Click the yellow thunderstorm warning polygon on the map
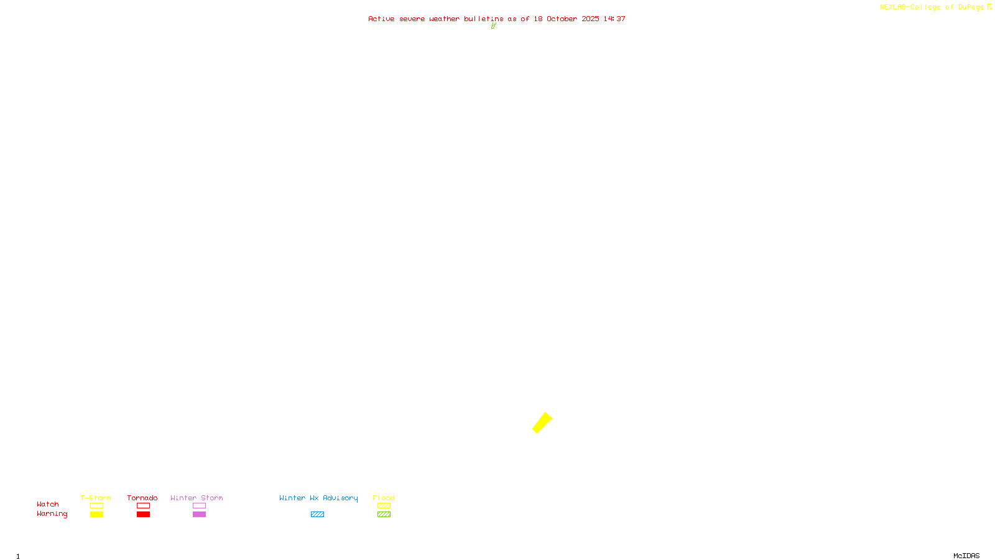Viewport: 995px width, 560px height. pos(542,422)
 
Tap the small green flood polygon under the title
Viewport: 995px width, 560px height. pos(493,26)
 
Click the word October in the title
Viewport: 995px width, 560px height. pos(562,19)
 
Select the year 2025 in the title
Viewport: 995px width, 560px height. pos(590,19)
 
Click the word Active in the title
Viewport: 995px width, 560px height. pos(381,19)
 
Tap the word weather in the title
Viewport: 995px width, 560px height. pos(444,19)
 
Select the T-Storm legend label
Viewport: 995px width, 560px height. pos(96,498)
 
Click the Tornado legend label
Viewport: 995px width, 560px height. pos(142,498)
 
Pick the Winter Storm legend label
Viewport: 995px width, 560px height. pos(197,498)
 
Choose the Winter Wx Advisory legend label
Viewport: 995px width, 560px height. pos(318,498)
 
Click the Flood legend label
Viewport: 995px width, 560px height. pos(384,498)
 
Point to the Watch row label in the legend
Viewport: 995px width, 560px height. pos(48,504)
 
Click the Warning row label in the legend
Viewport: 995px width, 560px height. pos(52,514)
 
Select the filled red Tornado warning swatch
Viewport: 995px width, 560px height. pos(143,515)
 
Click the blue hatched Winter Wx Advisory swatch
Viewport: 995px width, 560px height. pos(317,515)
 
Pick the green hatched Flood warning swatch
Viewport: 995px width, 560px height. pos(384,515)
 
